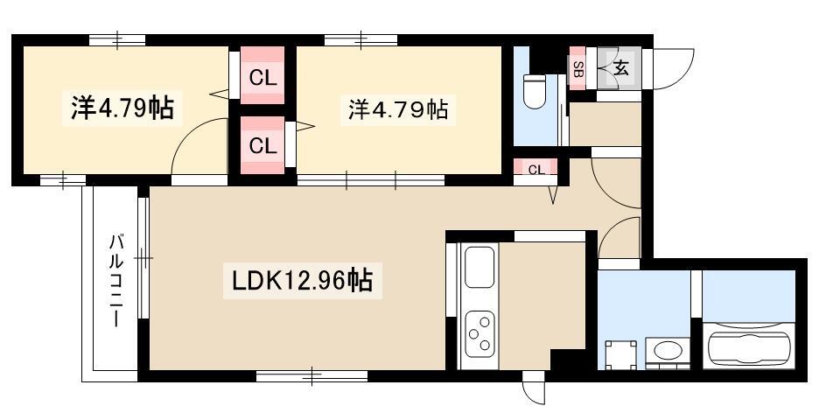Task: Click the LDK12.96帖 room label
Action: coord(303,282)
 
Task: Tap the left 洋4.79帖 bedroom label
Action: coord(122,108)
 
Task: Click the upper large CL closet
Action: coord(262,75)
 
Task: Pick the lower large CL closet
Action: coord(262,144)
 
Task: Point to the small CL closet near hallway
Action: coord(535,168)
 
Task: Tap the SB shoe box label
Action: coord(577,68)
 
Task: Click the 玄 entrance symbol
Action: coord(620,68)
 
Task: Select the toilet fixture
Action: coord(535,91)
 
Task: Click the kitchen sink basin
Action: coord(479,266)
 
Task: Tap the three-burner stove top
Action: coord(479,333)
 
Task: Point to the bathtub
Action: coord(748,346)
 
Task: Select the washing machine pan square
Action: coord(621,354)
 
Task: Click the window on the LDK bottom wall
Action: coord(311,376)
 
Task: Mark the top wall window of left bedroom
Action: coord(117,39)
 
